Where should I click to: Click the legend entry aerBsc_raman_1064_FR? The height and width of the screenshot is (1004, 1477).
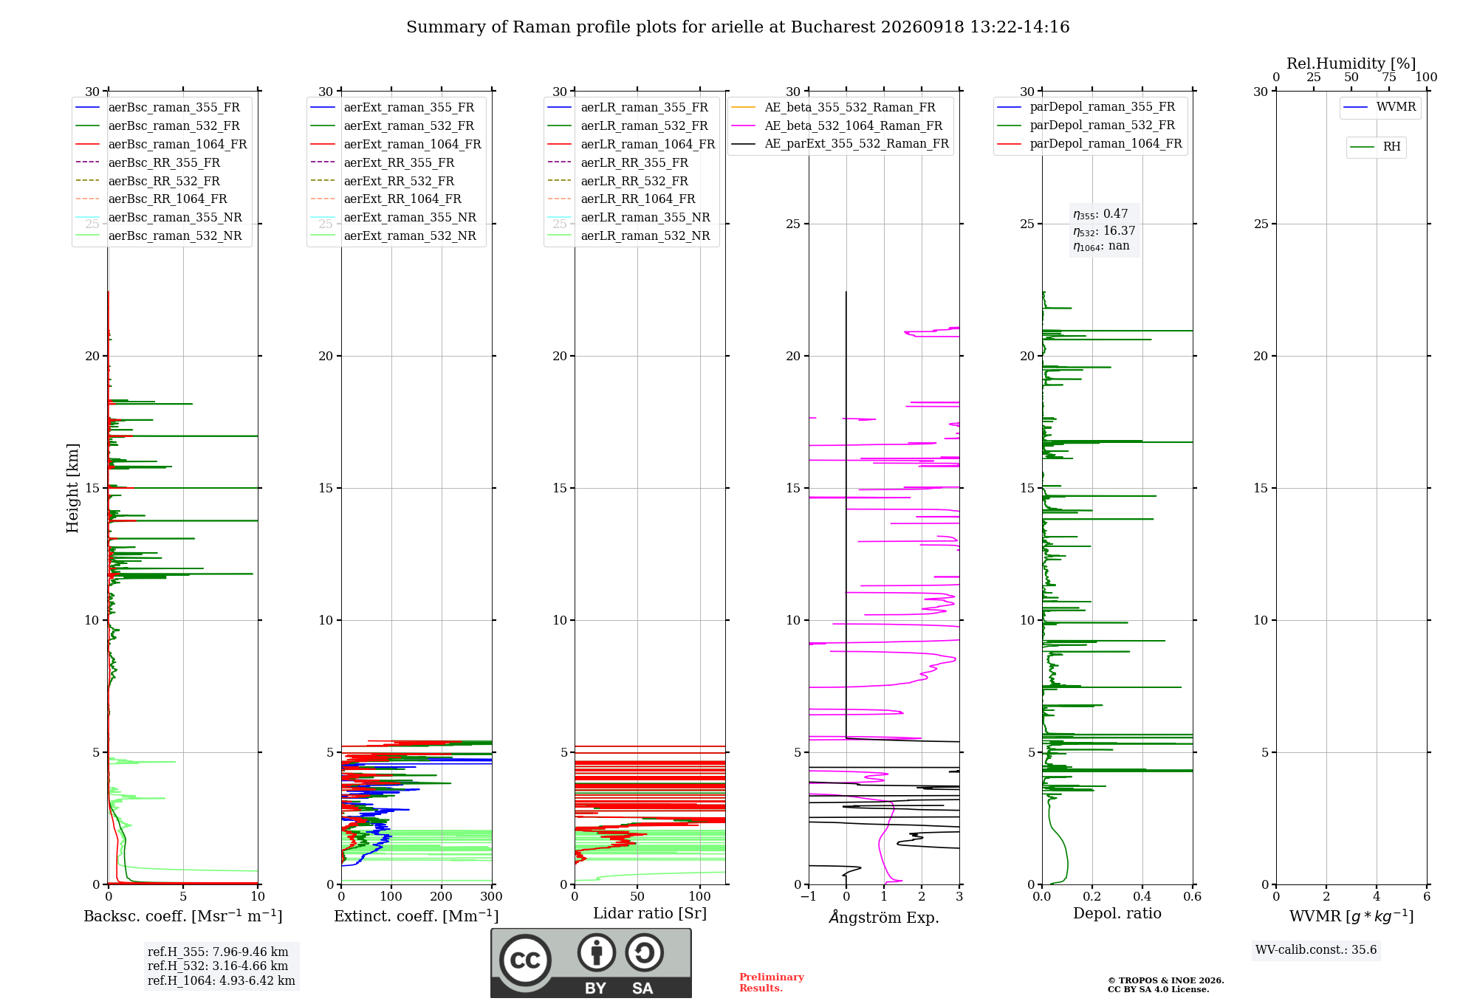(161, 144)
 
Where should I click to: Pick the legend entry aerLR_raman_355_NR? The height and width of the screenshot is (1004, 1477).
(628, 217)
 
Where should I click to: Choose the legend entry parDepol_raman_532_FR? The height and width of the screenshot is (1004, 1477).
(1086, 125)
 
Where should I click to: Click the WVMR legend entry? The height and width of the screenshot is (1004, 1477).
(1380, 107)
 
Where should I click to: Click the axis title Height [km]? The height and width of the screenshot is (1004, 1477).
(72, 488)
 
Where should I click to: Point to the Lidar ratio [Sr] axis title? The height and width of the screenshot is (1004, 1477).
(650, 913)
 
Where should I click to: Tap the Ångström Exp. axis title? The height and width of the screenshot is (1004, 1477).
(884, 917)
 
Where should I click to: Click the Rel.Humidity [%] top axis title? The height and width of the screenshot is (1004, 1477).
(1351, 63)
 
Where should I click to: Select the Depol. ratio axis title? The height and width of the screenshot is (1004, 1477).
(1117, 913)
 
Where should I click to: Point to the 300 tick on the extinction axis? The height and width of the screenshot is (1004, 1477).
(491, 896)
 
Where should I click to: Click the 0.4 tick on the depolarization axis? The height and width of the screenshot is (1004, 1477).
(1142, 896)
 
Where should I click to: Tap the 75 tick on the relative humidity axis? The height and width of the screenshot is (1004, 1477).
(1389, 78)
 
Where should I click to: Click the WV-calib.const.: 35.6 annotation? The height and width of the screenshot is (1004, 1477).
(1316, 950)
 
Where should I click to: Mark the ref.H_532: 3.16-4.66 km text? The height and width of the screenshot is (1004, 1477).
(218, 966)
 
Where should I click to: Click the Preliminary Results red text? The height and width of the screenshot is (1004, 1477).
(772, 983)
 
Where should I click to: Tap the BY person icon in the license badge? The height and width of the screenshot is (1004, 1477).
(597, 952)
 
